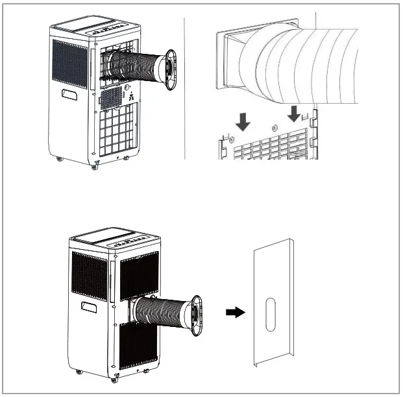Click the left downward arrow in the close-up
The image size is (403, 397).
[x=243, y=119]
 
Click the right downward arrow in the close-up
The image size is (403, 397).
[x=293, y=114]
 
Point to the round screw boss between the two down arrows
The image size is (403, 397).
[x=274, y=128]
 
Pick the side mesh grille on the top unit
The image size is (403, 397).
[x=69, y=63]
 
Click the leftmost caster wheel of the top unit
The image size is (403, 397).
[x=60, y=159]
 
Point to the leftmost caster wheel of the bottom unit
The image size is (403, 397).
[x=79, y=372]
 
